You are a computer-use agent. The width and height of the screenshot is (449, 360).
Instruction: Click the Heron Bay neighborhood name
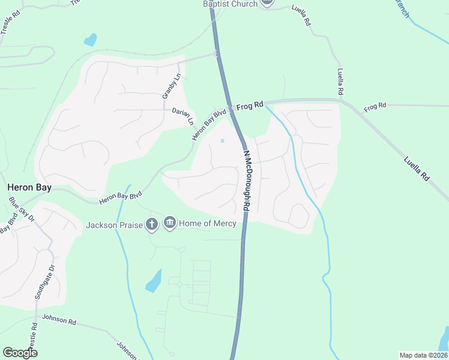[x=29, y=187]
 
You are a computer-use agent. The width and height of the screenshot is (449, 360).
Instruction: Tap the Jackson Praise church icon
[x=152, y=224]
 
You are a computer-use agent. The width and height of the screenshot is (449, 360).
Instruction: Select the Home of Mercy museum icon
[x=170, y=224]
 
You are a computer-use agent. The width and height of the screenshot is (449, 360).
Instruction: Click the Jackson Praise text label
[x=114, y=225]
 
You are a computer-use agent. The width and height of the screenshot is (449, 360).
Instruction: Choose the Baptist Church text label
[x=230, y=4]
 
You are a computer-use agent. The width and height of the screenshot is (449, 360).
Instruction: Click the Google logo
[x=20, y=353]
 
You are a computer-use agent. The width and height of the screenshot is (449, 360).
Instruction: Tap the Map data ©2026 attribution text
[x=423, y=355]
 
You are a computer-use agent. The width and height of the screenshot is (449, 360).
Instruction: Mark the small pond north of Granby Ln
[x=91, y=40]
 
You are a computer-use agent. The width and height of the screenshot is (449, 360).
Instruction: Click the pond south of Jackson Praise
[x=154, y=280]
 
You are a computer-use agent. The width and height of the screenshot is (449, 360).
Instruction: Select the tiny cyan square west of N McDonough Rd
[x=223, y=142]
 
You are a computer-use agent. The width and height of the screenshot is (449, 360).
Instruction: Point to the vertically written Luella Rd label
[x=340, y=82]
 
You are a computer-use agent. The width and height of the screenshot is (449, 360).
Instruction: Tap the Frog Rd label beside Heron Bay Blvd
[x=250, y=106]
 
